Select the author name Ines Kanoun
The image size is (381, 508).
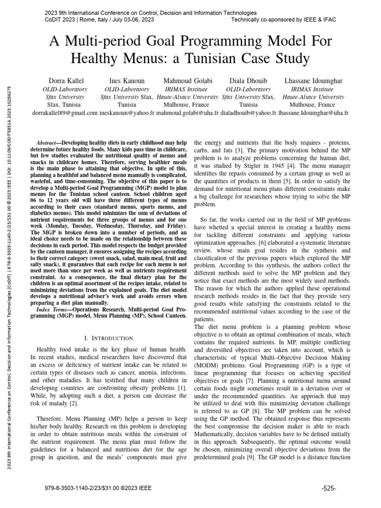tap(126, 80)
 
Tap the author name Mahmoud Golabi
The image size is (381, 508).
tap(187, 80)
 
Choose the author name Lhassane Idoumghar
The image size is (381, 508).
tap(313, 80)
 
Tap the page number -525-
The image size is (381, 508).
tap(328, 488)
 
